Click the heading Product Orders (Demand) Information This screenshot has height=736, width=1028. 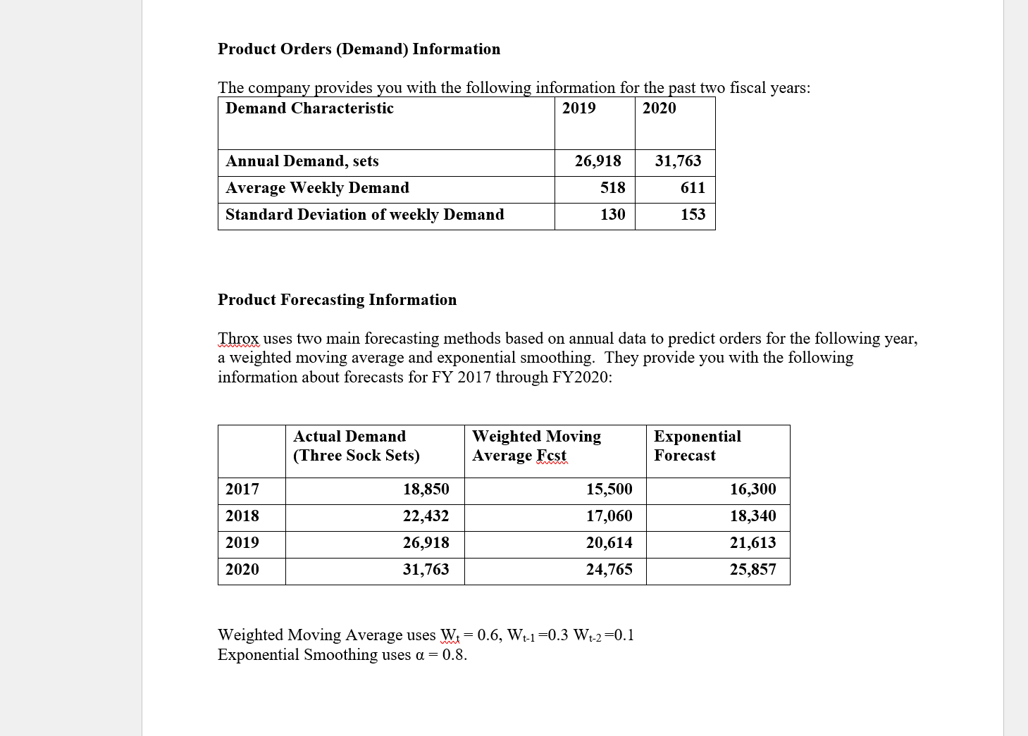(x=359, y=49)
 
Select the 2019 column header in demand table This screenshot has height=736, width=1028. (x=578, y=108)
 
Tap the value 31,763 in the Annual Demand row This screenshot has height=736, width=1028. (x=678, y=161)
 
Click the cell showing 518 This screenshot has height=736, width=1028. (x=612, y=188)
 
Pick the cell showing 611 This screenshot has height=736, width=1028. (x=693, y=188)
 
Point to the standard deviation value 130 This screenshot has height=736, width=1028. (x=612, y=215)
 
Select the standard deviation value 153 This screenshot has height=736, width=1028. (x=693, y=215)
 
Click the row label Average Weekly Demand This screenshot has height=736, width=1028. (x=317, y=188)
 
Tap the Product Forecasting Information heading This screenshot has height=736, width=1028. (x=337, y=300)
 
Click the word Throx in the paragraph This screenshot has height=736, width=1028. (x=238, y=339)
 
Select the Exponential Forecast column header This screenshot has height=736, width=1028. (x=697, y=446)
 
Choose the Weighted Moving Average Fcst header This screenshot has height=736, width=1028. (x=536, y=446)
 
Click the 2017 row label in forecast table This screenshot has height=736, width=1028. (x=242, y=489)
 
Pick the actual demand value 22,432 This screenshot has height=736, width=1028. (x=426, y=516)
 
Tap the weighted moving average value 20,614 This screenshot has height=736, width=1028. (x=609, y=543)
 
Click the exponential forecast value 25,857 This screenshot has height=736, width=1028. (x=753, y=570)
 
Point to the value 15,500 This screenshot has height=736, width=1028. (x=609, y=489)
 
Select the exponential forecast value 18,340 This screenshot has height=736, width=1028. (x=753, y=516)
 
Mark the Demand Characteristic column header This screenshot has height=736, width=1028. (x=309, y=108)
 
